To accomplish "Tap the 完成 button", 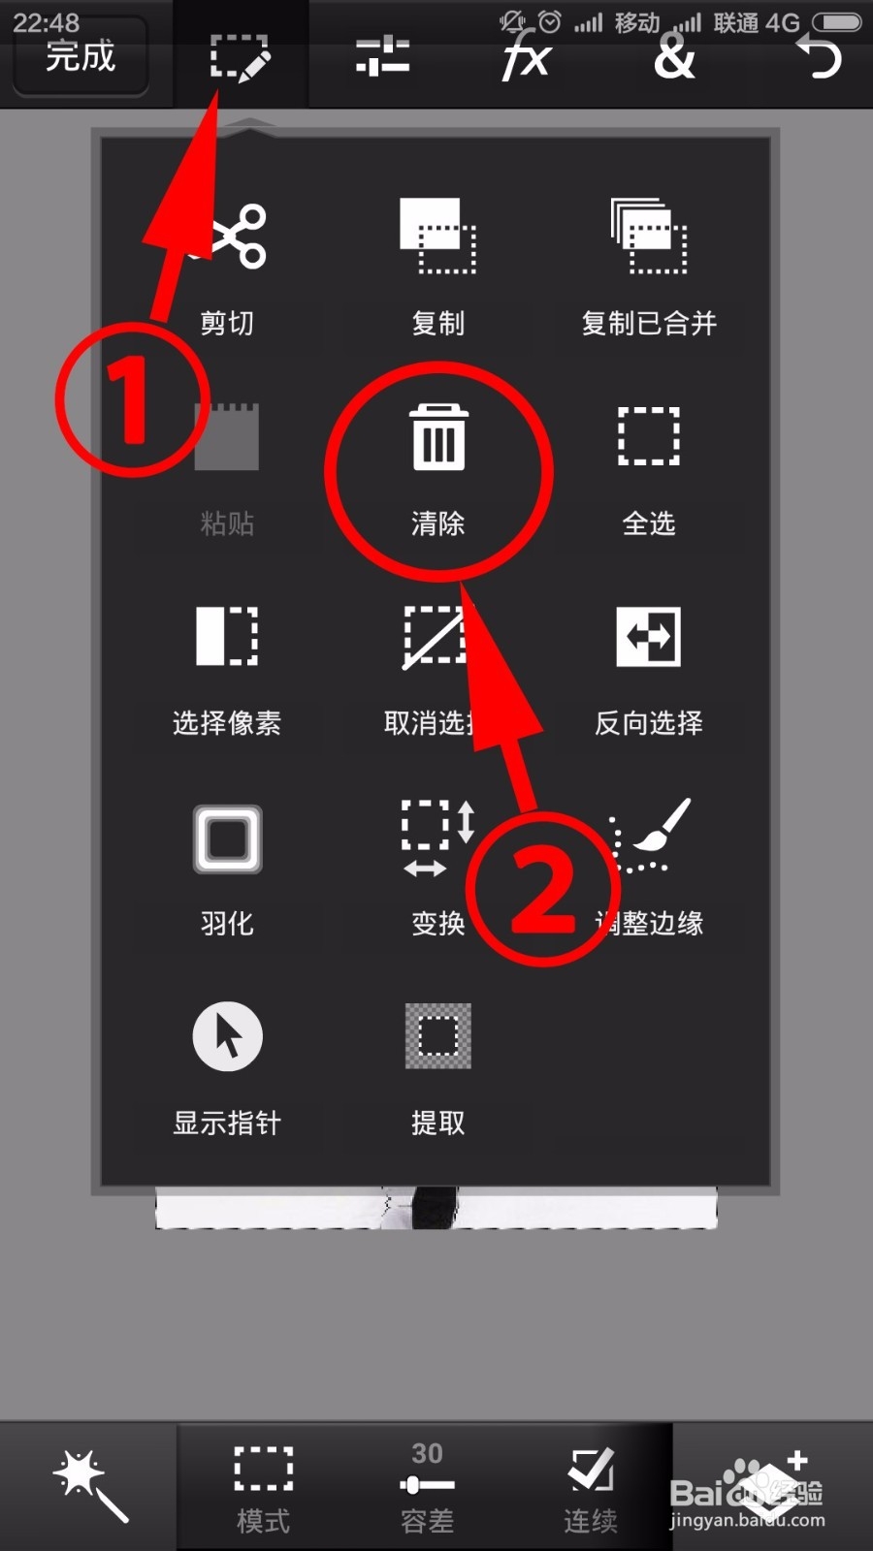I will pos(81,56).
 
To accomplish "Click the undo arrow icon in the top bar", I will pos(820,56).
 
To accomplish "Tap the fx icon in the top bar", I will pos(526,56).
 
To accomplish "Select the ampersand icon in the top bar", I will pos(674,57).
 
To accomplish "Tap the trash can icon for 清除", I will pos(438,437).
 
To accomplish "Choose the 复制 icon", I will pos(438,236).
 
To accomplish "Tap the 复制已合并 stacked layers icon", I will pos(649,236).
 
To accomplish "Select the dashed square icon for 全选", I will pos(649,437).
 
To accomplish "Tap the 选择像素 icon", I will pos(227,637).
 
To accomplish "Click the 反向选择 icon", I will pos(649,637).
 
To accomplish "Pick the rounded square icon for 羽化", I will pos(227,839).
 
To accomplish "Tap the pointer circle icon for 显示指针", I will pos(227,1036).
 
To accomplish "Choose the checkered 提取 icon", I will pos(438,1036).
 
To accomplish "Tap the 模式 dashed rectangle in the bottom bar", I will pos(264,1470).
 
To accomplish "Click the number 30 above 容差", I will pos(427,1453).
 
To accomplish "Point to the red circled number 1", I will pos(131,399).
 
